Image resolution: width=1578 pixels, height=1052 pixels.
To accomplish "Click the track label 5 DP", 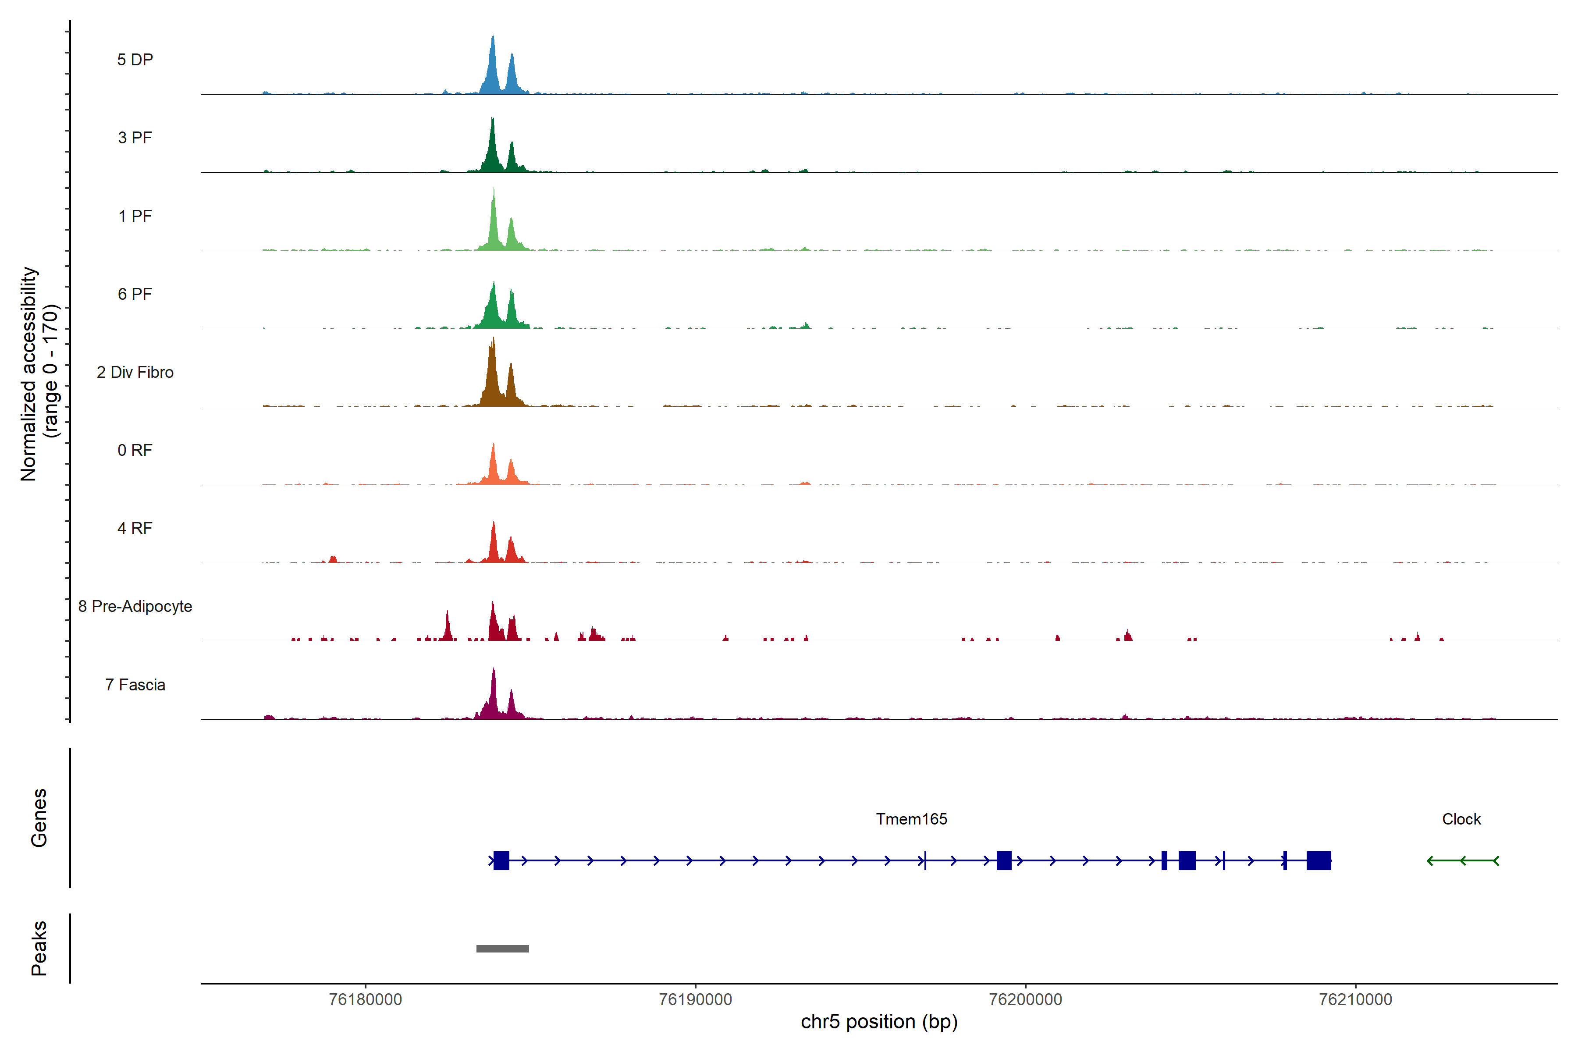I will pyautogui.click(x=135, y=60).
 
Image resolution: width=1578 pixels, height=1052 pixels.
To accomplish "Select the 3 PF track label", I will pyautogui.click(x=135, y=138).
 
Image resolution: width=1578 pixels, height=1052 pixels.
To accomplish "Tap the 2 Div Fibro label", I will pyautogui.click(x=135, y=372).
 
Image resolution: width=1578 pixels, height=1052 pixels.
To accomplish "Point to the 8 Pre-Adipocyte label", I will pyautogui.click(x=135, y=607).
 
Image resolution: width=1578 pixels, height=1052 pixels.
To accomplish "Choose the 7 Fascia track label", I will pyautogui.click(x=135, y=685).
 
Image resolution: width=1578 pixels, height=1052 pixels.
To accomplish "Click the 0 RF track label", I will pyautogui.click(x=135, y=450).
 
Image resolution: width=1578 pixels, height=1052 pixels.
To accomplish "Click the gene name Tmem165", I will pyautogui.click(x=911, y=819).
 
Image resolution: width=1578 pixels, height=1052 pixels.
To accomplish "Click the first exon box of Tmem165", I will pyautogui.click(x=501, y=860).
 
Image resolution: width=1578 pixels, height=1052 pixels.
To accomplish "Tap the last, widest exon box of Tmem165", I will pyautogui.click(x=1319, y=860).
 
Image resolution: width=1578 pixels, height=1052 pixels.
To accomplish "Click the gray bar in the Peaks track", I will pyautogui.click(x=502, y=949).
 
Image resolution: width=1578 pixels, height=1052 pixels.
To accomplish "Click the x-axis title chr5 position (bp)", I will pyautogui.click(x=879, y=1022).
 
